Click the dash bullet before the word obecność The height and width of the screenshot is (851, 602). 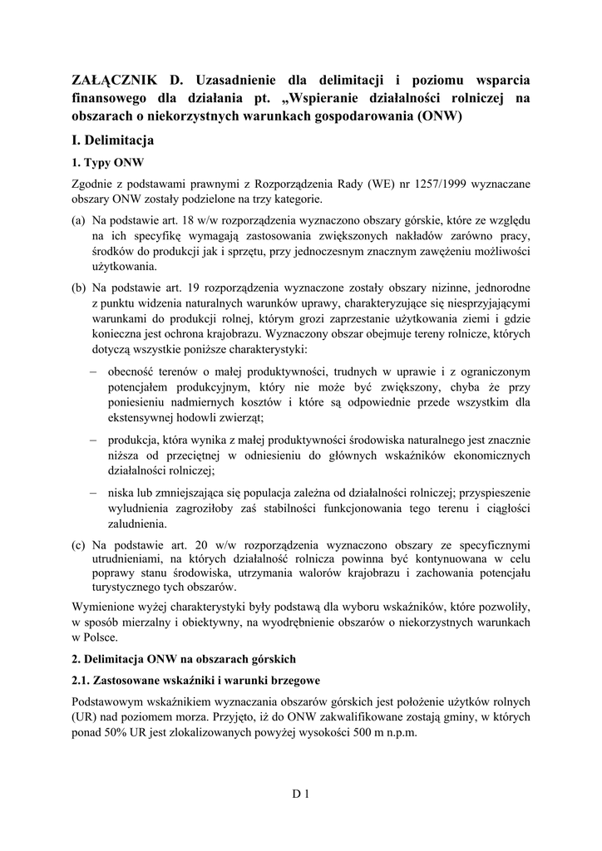[94, 371]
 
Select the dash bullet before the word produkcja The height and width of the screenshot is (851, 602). [94, 440]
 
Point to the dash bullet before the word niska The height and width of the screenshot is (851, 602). [94, 493]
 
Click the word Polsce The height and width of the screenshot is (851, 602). [100, 637]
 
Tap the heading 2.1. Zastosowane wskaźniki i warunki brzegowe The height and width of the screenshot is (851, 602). [190, 680]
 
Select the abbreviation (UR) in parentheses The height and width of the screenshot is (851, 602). [86, 717]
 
